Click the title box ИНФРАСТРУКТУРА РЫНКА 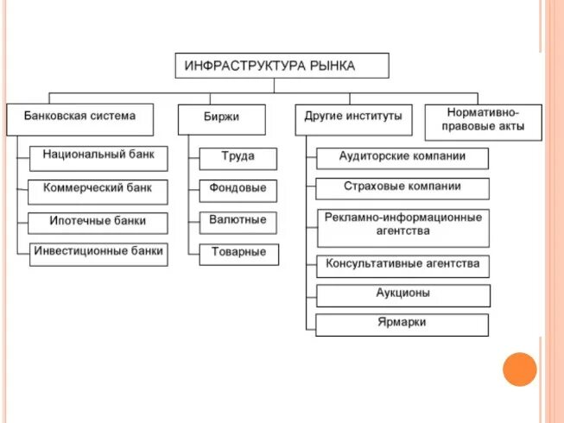(x=282, y=66)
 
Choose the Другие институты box (x=354, y=118)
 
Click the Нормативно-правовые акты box (x=483, y=123)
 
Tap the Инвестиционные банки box (x=98, y=254)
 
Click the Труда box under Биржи (x=238, y=159)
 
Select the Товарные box (x=238, y=254)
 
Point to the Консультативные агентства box (x=402, y=265)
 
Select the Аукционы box (x=402, y=295)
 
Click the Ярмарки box (x=402, y=325)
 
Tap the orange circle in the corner (x=520, y=369)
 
